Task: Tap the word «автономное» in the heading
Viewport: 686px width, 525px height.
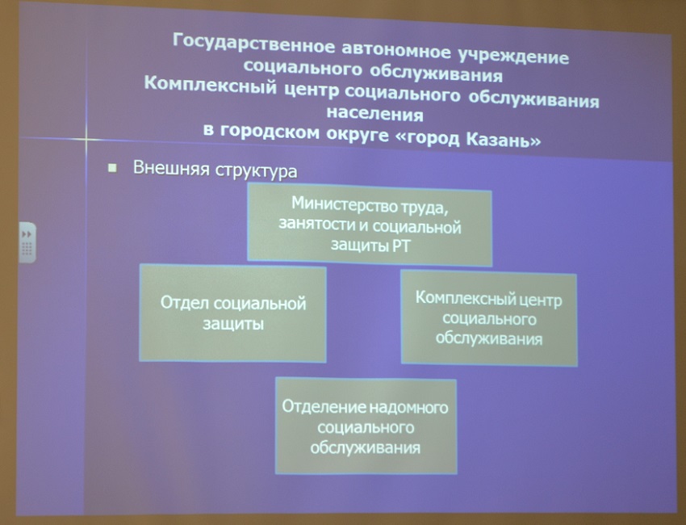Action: (x=396, y=51)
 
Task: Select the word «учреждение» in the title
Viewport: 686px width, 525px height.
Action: (x=512, y=57)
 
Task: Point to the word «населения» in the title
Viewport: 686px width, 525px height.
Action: (x=375, y=114)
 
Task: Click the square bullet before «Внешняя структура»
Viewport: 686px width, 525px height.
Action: (x=112, y=168)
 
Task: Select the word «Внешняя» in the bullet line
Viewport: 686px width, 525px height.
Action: (x=171, y=168)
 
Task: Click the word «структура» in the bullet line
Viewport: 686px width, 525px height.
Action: (x=256, y=170)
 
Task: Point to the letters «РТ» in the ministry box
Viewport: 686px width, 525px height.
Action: (x=399, y=246)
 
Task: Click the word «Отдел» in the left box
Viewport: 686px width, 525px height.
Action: (x=186, y=303)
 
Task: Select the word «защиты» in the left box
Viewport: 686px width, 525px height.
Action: (x=233, y=324)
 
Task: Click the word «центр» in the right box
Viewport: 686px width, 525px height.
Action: (x=540, y=300)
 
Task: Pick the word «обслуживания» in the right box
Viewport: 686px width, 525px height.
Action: (x=489, y=338)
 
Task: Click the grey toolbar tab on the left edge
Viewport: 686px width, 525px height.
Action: (x=27, y=242)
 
